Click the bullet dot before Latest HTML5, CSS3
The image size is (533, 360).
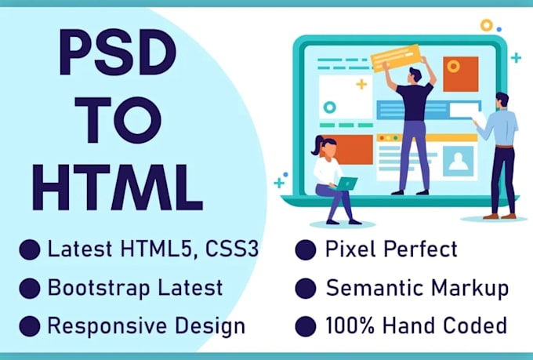click(x=30, y=250)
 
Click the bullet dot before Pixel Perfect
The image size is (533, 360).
click(x=306, y=250)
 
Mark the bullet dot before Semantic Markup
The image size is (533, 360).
click(x=306, y=287)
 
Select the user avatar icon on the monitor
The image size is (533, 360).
click(x=458, y=160)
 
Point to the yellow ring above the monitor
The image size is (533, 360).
click(x=487, y=24)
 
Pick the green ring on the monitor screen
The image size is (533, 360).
click(x=329, y=107)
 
